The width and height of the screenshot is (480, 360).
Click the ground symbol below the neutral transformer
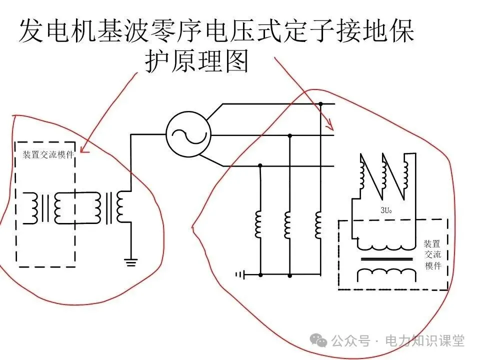click(130, 261)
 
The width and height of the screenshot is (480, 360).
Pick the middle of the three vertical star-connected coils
click(288, 224)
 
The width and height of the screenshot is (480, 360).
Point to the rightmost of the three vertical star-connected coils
click(318, 224)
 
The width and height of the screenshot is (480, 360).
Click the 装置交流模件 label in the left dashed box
click(48, 154)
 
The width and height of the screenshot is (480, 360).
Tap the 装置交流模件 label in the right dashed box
click(432, 254)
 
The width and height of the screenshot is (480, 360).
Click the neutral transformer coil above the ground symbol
click(121, 207)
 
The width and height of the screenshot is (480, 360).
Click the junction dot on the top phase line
click(320, 104)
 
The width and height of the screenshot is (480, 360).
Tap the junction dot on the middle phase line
click(289, 135)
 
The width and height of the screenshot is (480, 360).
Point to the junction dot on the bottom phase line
click(260, 165)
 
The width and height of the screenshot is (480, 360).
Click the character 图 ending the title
click(237, 62)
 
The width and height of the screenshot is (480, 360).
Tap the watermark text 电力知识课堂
click(424, 341)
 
